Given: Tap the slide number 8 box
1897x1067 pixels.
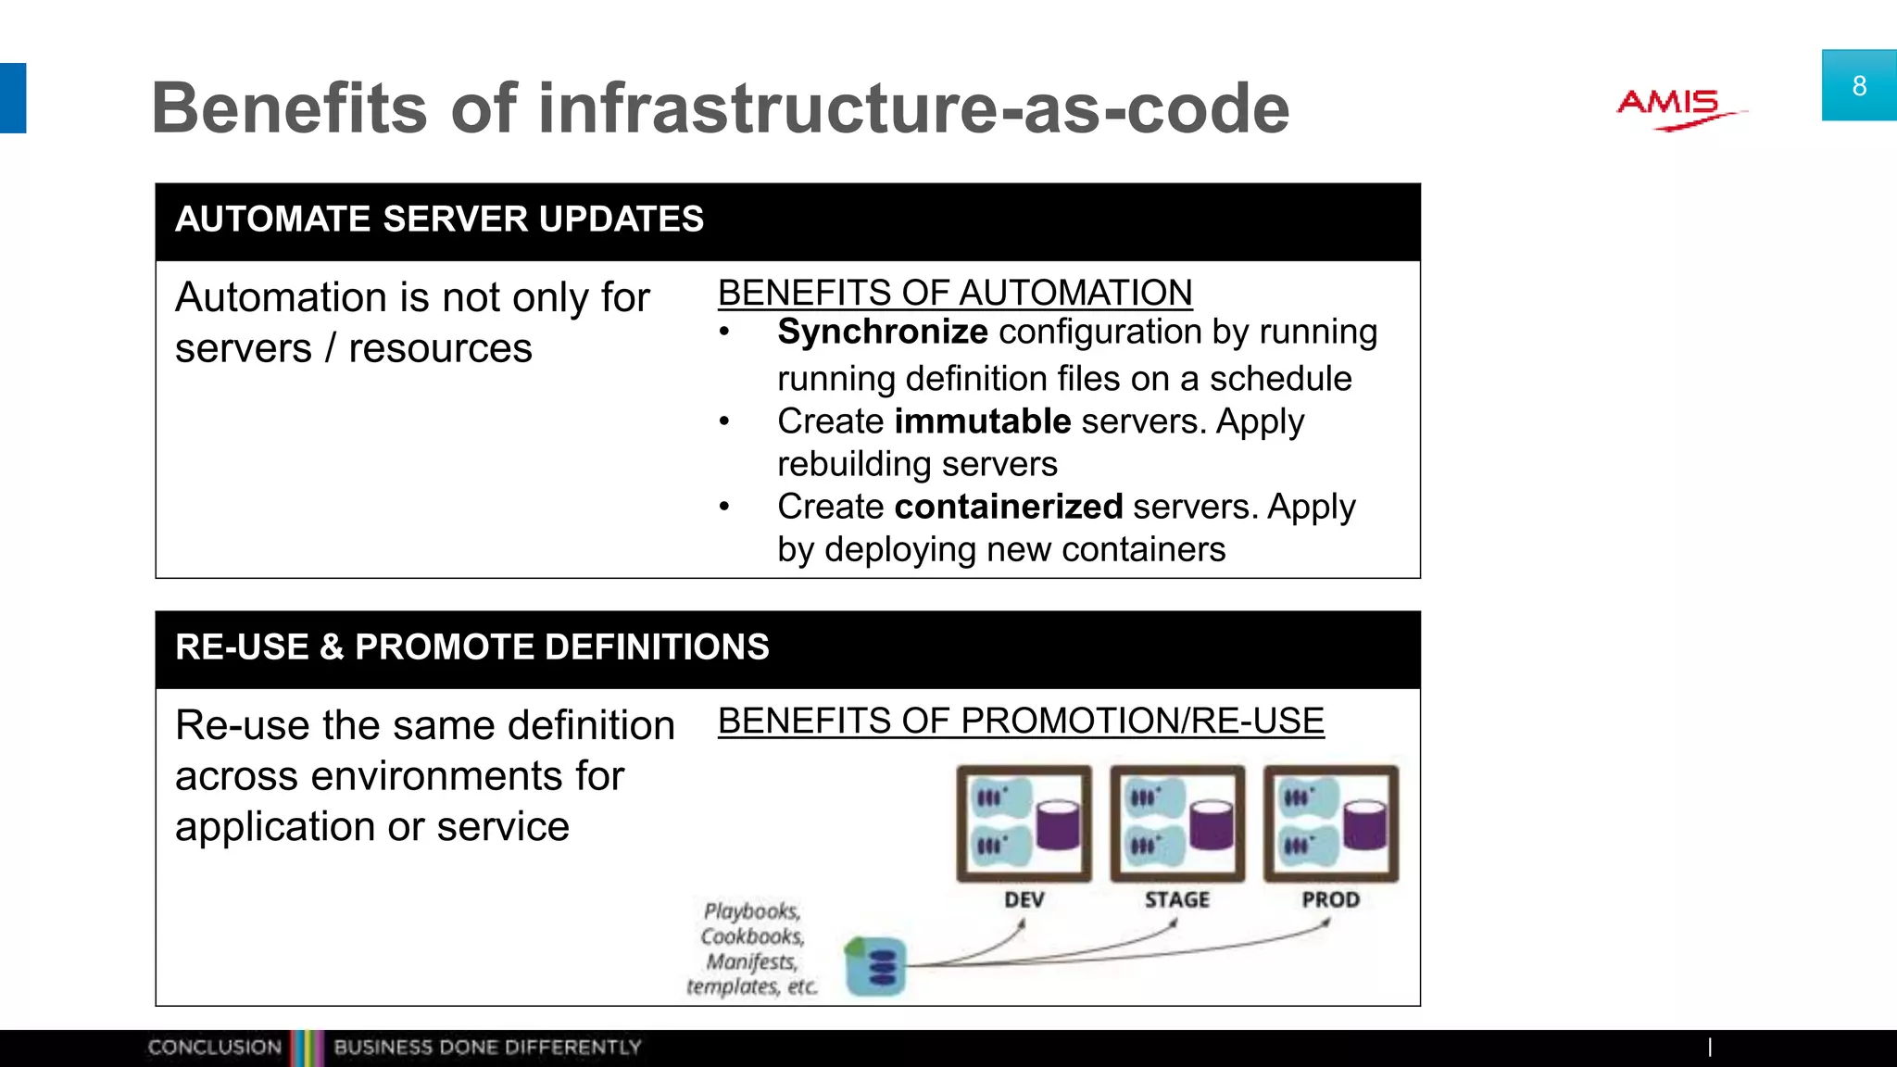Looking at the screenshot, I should tap(1858, 86).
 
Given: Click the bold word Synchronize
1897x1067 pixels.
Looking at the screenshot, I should tap(882, 332).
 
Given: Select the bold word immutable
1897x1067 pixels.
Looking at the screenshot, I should tap(982, 421).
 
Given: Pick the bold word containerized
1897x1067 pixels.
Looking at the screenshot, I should tap(1008, 507).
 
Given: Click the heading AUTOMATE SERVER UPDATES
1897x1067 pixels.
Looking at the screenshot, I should tap(439, 220).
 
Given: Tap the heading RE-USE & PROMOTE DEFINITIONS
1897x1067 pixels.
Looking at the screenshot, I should tap(471, 647).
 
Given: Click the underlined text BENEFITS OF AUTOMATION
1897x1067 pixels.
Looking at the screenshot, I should tap(954, 293).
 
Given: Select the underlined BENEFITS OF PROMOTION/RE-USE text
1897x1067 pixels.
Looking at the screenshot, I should tap(1020, 721).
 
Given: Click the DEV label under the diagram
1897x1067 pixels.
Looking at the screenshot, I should tap(1024, 899).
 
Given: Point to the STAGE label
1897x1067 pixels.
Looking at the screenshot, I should tap(1176, 899).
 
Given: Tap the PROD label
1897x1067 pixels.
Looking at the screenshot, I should tap(1330, 899).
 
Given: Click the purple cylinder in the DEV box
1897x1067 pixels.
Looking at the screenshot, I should tap(1058, 825).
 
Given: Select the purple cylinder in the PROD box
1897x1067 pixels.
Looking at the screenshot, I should tap(1364, 825).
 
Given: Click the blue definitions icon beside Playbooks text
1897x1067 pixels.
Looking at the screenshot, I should tap(876, 967).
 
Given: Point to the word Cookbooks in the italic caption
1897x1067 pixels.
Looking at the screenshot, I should tap(751, 936).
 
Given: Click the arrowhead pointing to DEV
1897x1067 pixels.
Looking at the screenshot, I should tap(1021, 924).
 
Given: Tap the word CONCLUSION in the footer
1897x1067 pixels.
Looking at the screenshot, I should tap(214, 1048).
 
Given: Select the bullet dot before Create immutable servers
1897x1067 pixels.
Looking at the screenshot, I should tap(724, 422).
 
